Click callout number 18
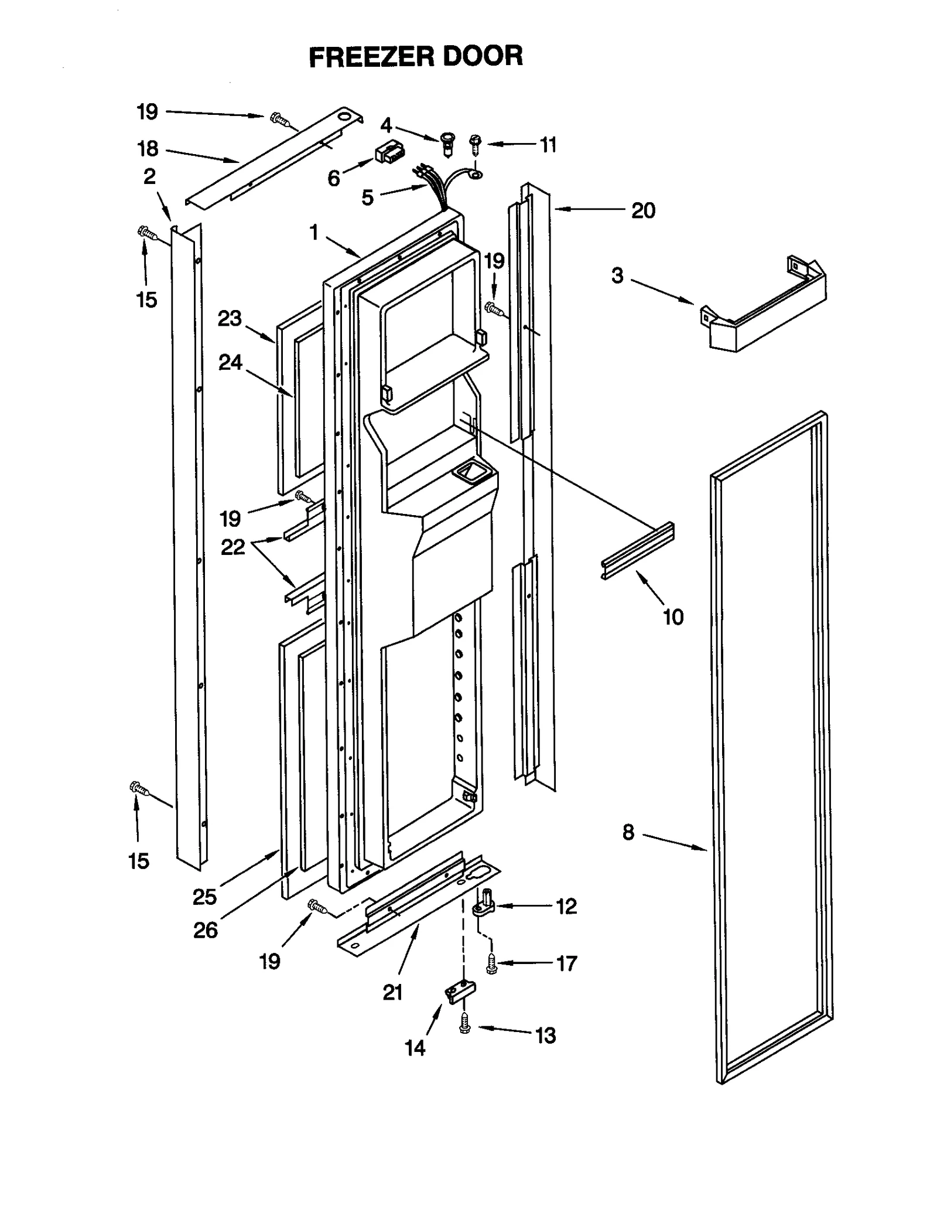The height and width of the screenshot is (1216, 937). [148, 149]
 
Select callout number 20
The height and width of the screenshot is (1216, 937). [642, 210]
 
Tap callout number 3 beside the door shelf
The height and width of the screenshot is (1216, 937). [617, 275]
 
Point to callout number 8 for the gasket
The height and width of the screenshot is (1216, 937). [628, 832]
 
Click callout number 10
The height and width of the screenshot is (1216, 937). [673, 617]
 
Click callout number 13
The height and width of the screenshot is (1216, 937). [545, 1036]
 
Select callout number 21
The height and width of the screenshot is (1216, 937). [392, 993]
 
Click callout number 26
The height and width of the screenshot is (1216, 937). [206, 930]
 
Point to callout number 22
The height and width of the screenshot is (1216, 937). [232, 547]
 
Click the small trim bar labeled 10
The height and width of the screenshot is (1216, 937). [638, 550]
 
